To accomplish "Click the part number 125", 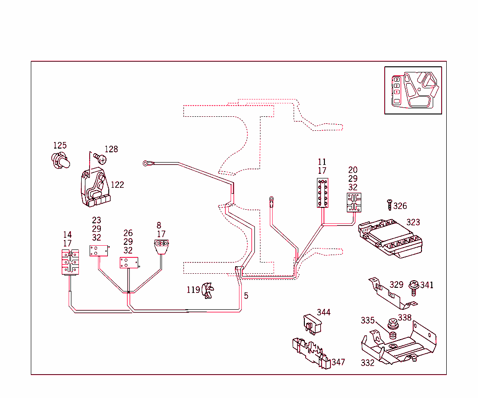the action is click(x=60, y=145).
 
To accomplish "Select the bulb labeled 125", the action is click(x=61, y=161).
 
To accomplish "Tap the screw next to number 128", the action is click(x=100, y=158).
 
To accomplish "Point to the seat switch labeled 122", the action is click(x=95, y=187).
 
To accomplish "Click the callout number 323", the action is click(x=413, y=222).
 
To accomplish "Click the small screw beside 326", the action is click(x=390, y=205).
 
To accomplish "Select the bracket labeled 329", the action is click(x=392, y=293).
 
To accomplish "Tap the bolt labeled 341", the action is click(x=414, y=288).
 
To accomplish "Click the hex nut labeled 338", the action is click(x=393, y=324).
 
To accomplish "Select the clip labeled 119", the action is click(x=208, y=291).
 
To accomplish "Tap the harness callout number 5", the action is click(x=246, y=296).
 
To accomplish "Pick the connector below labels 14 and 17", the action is click(x=70, y=262).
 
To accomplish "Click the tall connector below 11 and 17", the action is click(x=323, y=193).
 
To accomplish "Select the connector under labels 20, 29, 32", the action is click(x=354, y=202).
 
